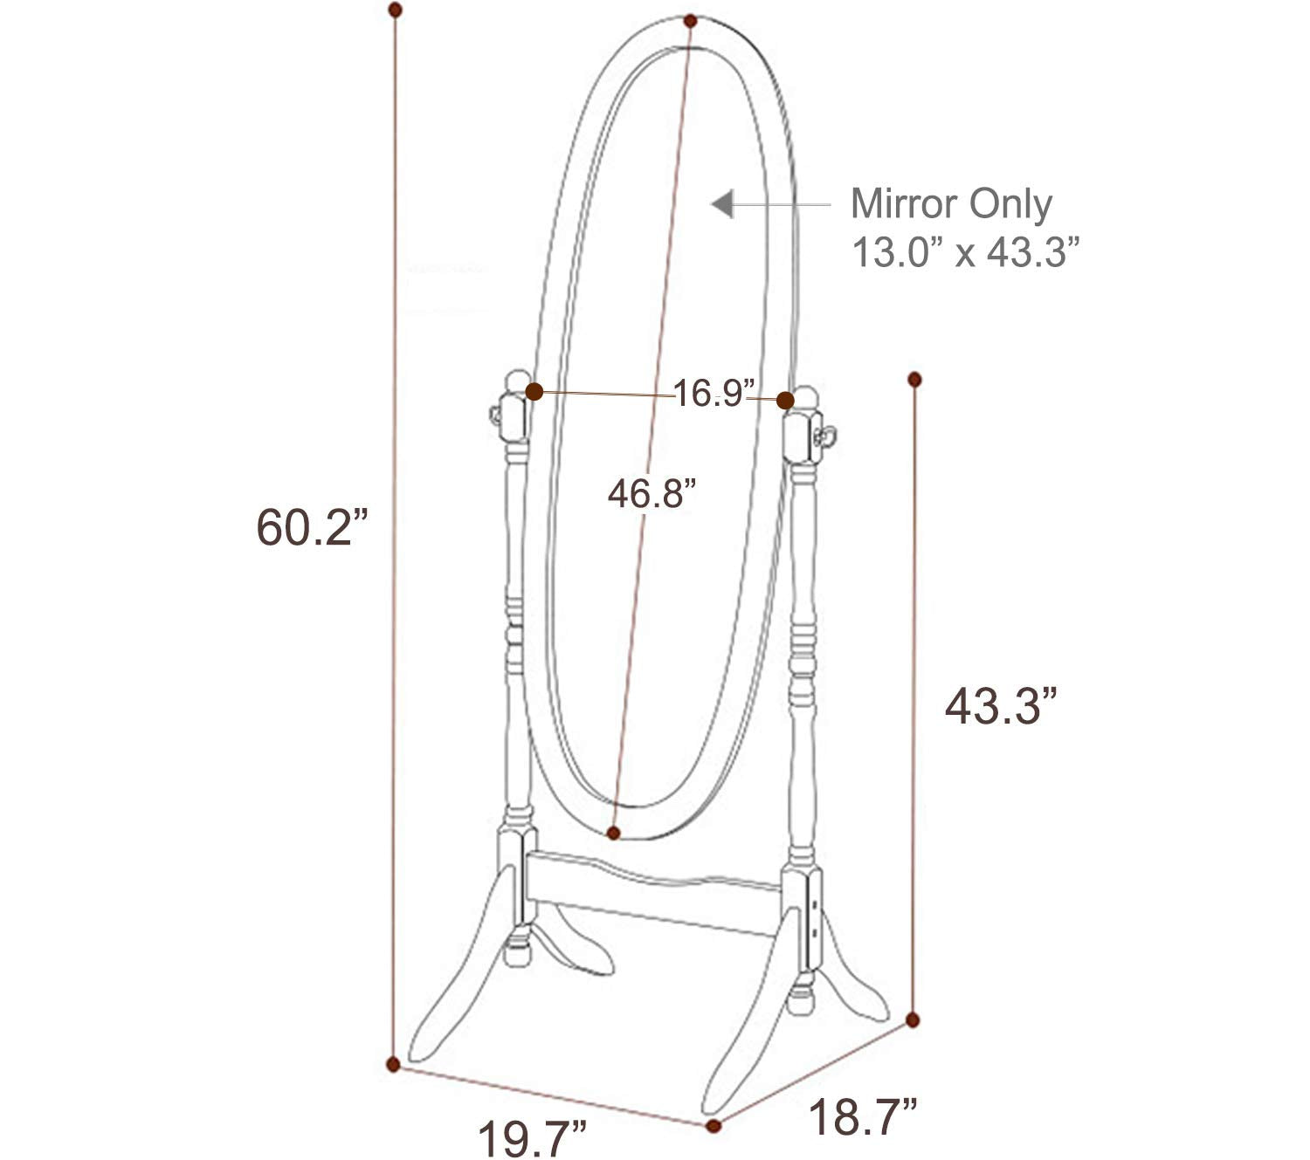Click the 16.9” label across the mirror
pos(713,394)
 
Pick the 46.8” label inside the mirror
pos(652,495)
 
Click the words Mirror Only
pos(951,204)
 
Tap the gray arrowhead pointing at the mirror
pos(722,205)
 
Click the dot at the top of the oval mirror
pos(691,20)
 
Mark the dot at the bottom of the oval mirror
pos(614,833)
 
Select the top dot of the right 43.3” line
pos(915,379)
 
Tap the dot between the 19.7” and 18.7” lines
pos(714,1126)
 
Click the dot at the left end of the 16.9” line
pos(534,392)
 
